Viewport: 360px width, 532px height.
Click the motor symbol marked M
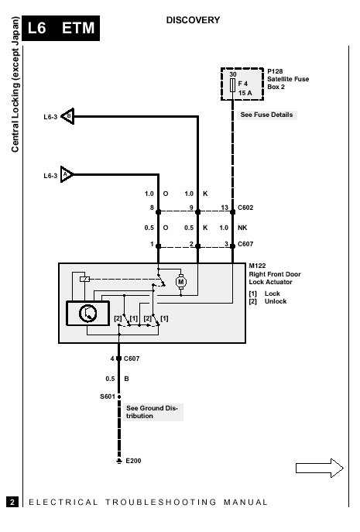(x=181, y=282)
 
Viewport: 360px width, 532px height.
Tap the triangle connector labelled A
(x=67, y=174)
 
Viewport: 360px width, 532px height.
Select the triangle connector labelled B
(x=68, y=116)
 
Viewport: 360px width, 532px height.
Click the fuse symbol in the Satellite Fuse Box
(x=233, y=85)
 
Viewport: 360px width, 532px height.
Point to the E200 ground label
(x=133, y=461)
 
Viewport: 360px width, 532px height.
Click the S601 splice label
(x=108, y=396)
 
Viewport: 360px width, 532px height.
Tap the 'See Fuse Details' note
(x=266, y=115)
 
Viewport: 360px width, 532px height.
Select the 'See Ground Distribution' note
(x=152, y=412)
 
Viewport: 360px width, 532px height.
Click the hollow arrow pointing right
(x=319, y=469)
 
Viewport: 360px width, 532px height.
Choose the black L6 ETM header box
(x=60, y=28)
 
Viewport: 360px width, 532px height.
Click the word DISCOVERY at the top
(x=193, y=20)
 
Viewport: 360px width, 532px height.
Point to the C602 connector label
(x=245, y=208)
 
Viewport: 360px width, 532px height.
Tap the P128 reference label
(x=275, y=71)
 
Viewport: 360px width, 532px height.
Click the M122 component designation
(x=257, y=266)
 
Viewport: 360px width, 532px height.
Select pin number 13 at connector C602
(x=225, y=208)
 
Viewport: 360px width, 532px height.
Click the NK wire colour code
(x=242, y=228)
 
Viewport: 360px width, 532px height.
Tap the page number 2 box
(x=12, y=502)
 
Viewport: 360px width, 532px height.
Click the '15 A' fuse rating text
(x=245, y=93)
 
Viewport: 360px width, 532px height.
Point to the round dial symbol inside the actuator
(x=88, y=313)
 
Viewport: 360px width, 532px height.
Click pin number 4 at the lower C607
(x=112, y=359)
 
